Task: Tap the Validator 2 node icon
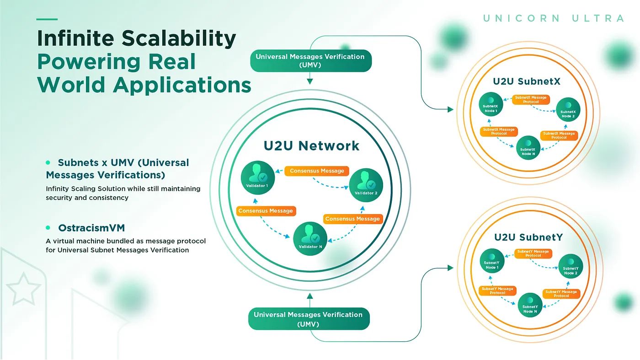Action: (366, 185)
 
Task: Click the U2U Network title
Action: (311, 146)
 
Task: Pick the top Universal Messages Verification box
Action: (310, 61)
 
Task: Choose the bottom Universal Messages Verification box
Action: (309, 319)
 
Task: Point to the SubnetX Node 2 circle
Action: (568, 109)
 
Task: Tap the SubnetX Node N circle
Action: (528, 147)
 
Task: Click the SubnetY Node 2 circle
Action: (570, 266)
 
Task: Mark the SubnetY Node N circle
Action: (530, 304)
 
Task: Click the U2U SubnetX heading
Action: (527, 82)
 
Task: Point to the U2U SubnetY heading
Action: (528, 237)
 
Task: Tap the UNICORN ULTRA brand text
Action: (554, 18)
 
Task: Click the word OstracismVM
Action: (91, 228)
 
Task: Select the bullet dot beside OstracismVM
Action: (48, 227)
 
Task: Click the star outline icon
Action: (23, 289)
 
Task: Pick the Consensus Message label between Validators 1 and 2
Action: (317, 171)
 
